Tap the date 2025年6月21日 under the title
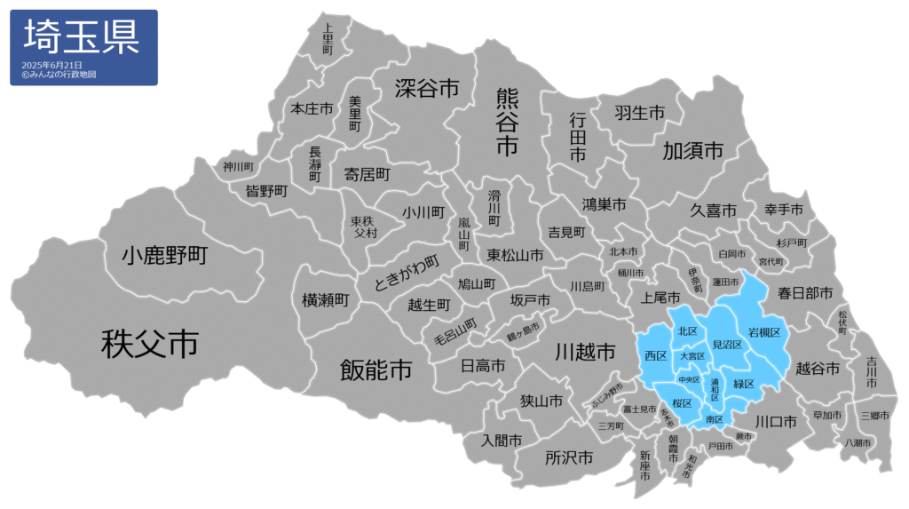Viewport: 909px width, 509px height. [x=52, y=66]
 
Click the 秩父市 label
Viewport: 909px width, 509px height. [x=149, y=343]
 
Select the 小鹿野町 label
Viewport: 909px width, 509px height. [x=164, y=257]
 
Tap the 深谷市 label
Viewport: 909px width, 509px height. [x=427, y=88]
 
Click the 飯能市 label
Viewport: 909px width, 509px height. [x=376, y=370]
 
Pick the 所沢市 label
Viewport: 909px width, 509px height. [x=569, y=457]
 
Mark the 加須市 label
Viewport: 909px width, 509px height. [x=693, y=151]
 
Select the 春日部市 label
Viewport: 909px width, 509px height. [x=805, y=292]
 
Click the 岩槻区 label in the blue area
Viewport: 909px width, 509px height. [x=763, y=332]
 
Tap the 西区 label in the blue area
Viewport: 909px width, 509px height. [x=656, y=355]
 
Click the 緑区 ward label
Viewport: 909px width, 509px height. [x=743, y=384]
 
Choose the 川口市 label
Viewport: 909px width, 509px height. [x=775, y=420]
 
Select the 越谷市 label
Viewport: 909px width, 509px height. [x=817, y=368]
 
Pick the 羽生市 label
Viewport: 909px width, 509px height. [x=640, y=113]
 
